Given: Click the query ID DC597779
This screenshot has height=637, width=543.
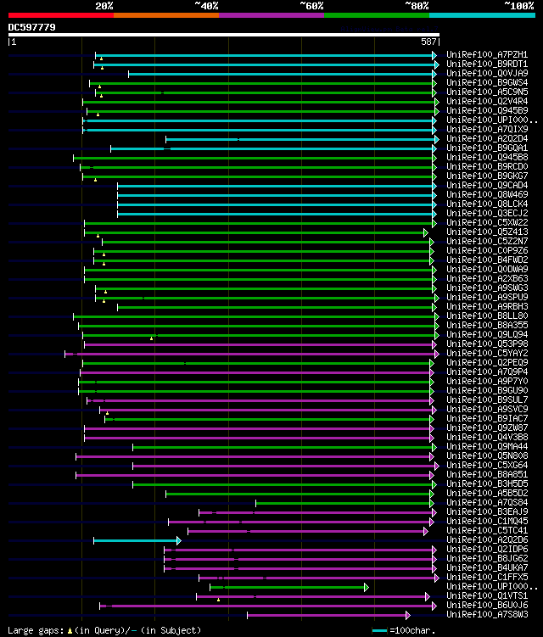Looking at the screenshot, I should point(32,27).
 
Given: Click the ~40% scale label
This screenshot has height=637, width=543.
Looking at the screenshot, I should point(206,6).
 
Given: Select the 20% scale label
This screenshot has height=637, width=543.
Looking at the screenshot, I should point(104,6).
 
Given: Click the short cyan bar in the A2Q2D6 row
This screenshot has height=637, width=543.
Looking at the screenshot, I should point(136,540).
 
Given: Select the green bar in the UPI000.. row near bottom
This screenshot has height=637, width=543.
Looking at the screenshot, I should point(288,587).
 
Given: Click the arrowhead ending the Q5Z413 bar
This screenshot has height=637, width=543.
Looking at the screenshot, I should point(427,232).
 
